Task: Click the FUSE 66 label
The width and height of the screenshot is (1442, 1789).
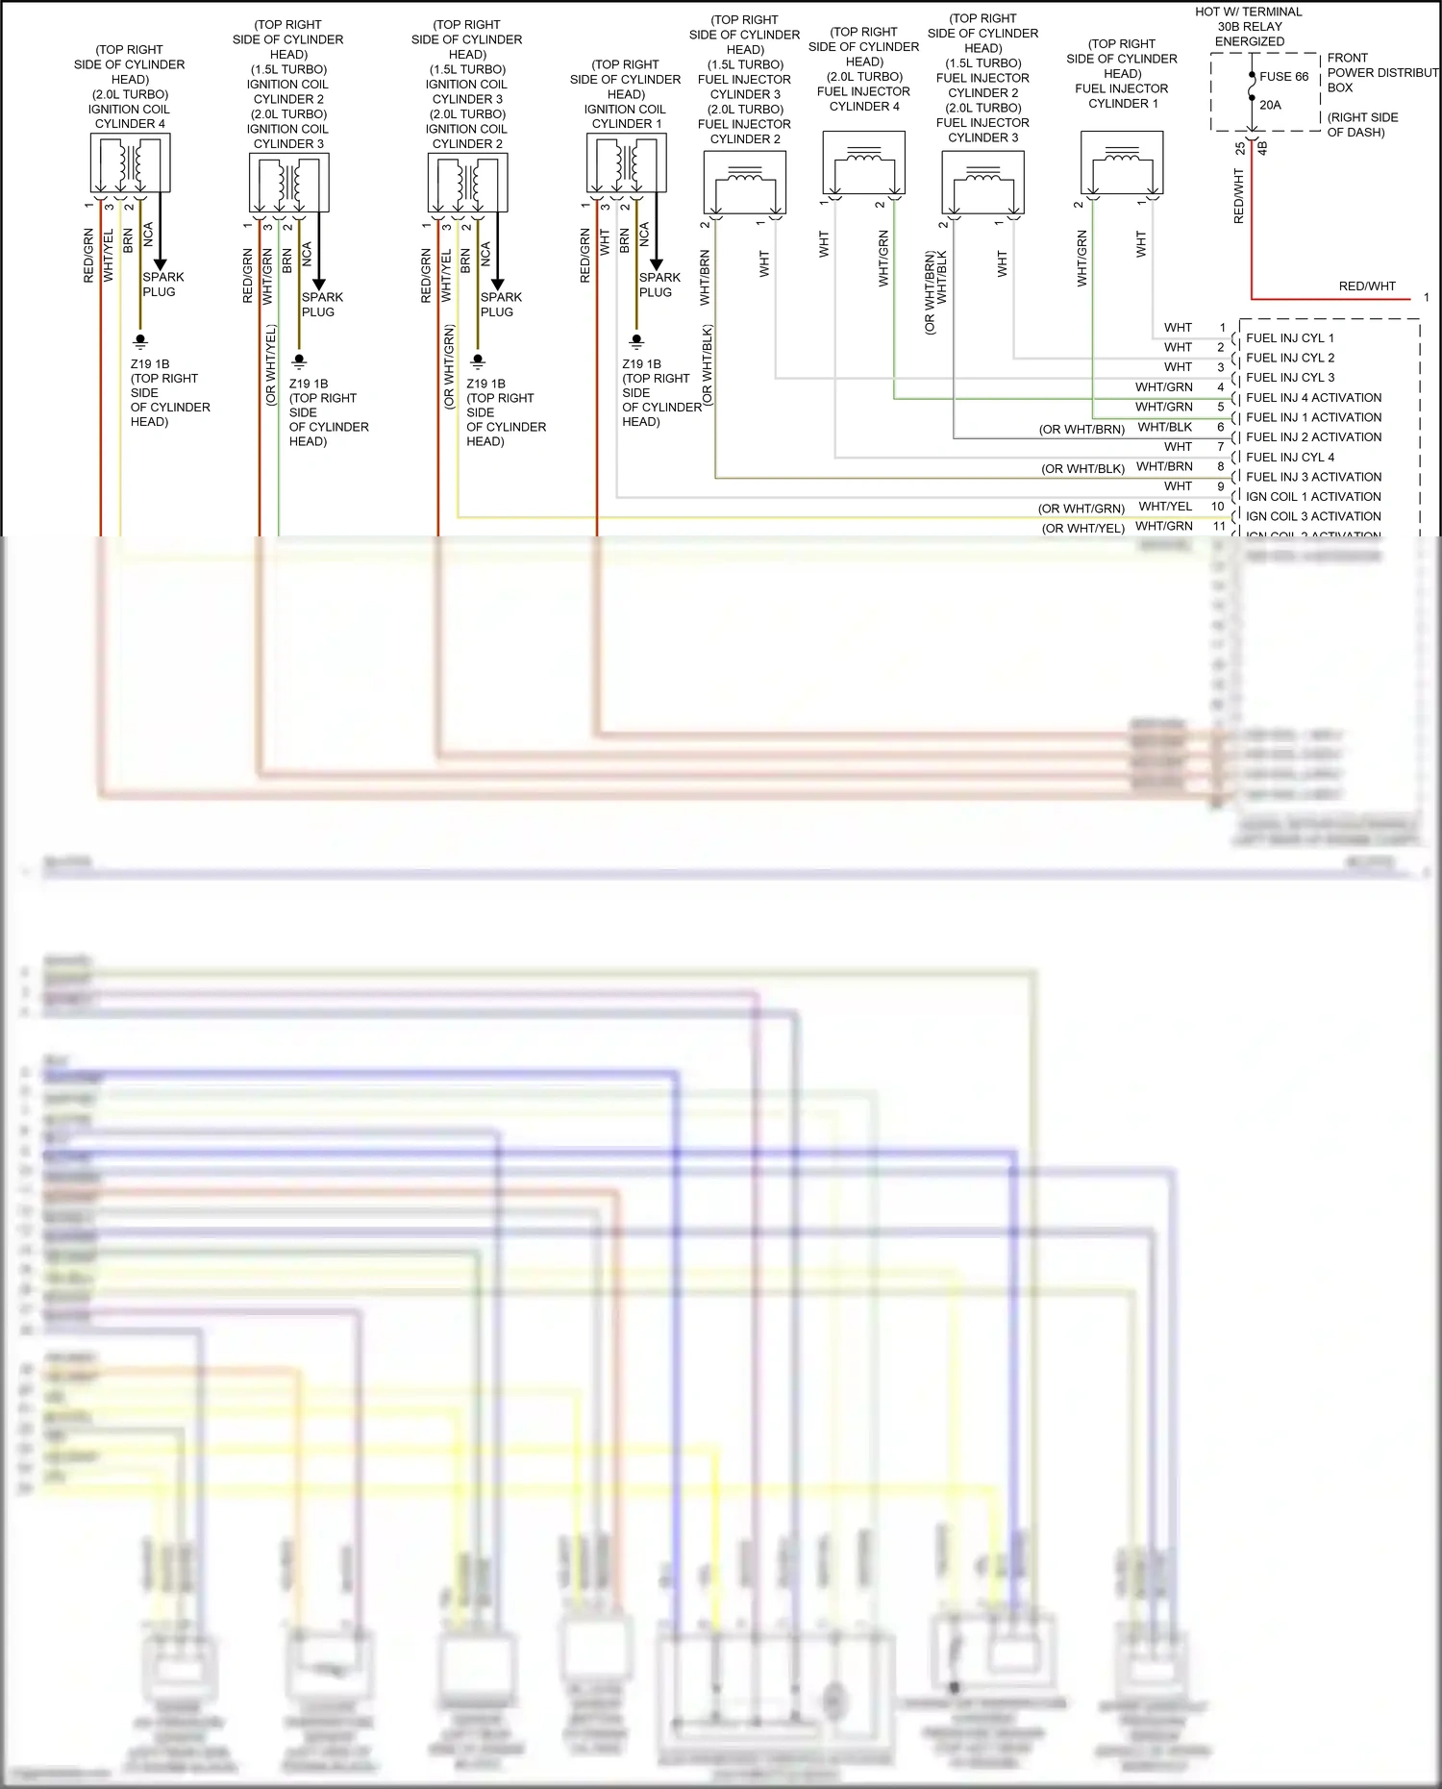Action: [x=1283, y=77]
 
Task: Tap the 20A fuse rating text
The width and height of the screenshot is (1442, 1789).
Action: [x=1270, y=105]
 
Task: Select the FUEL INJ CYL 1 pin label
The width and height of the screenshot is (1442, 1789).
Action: [x=1289, y=338]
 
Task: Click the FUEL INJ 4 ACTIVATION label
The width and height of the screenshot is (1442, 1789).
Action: [x=1313, y=398]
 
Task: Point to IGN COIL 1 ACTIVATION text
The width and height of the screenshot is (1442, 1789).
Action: [x=1313, y=497]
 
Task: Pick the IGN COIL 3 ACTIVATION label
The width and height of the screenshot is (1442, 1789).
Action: [x=1313, y=517]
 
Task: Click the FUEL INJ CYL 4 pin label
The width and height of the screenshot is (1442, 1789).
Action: [x=1289, y=458]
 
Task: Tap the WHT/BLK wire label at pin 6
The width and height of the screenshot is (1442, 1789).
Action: [x=1164, y=427]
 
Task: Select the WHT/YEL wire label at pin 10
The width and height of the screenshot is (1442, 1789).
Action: [x=1164, y=507]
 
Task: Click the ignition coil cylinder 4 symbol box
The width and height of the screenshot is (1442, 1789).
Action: [x=130, y=163]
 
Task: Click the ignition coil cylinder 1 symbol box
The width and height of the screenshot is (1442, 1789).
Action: [x=626, y=163]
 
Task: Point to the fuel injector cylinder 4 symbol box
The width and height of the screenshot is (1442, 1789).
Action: [x=863, y=163]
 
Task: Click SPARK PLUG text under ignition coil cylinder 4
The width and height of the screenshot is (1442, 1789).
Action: [x=162, y=285]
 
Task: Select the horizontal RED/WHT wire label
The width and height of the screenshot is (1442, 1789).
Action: [x=1366, y=286]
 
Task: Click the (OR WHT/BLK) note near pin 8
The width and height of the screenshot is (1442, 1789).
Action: [x=1082, y=469]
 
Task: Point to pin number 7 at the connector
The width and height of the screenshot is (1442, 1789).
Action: [x=1221, y=447]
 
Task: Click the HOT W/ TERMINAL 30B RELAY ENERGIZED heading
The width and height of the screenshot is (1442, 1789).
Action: [x=1249, y=27]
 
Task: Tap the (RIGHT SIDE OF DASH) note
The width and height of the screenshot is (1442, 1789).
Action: [x=1362, y=125]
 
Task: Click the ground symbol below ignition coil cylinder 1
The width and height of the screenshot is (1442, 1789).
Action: [x=635, y=341]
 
